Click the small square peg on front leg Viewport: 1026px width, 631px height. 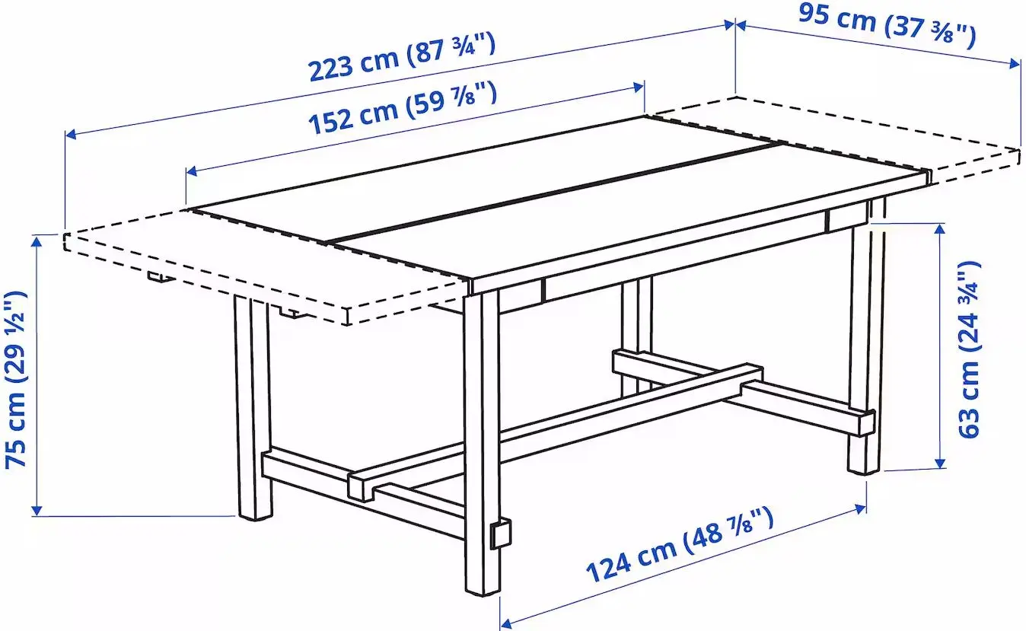501,534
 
